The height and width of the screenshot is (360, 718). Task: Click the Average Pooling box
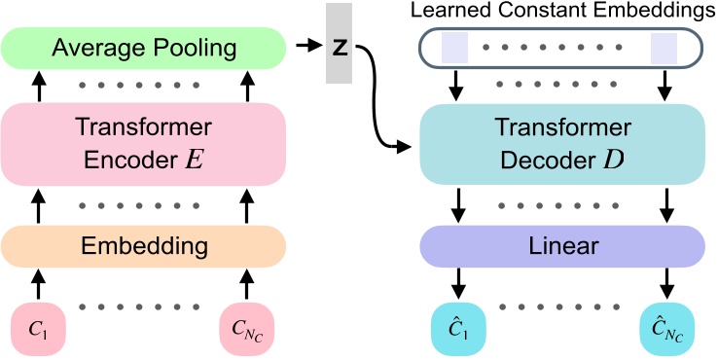(x=143, y=47)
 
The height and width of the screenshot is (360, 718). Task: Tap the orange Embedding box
(x=143, y=243)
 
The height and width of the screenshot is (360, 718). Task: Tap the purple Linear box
(x=561, y=243)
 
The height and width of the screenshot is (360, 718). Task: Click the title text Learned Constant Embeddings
(x=561, y=11)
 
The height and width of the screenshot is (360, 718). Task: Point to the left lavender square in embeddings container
(x=454, y=47)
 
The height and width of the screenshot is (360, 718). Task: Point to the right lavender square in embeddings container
(x=664, y=47)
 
